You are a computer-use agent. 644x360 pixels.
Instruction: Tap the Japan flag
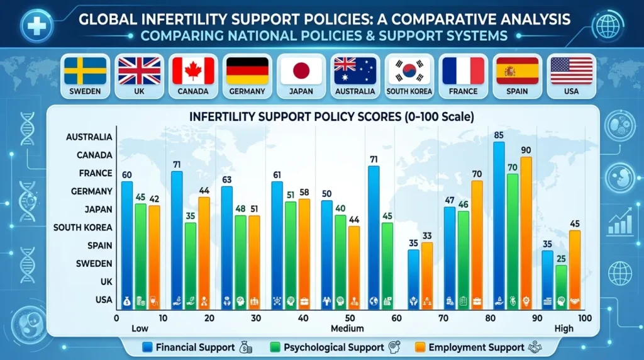coord(302,71)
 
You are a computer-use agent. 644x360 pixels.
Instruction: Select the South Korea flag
coord(409,71)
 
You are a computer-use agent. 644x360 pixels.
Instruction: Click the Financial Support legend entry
coord(189,347)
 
